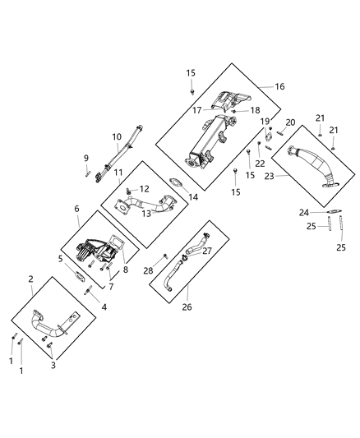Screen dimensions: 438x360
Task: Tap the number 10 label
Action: (116, 136)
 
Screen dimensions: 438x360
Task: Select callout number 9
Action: (85, 157)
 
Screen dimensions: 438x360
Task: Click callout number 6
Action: (77, 210)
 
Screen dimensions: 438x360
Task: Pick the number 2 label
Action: (30, 279)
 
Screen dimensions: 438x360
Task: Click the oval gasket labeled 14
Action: (176, 184)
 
